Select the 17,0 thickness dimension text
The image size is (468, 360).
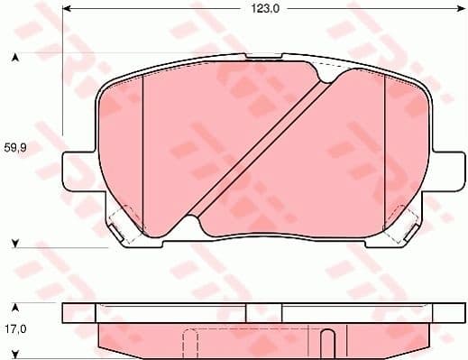[x=16, y=330]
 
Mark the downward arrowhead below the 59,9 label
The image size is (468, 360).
[x=15, y=242]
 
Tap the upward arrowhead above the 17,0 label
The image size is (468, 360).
[x=15, y=307]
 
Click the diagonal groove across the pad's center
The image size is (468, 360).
[x=257, y=153]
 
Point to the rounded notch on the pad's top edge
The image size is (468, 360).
[x=317, y=69]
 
